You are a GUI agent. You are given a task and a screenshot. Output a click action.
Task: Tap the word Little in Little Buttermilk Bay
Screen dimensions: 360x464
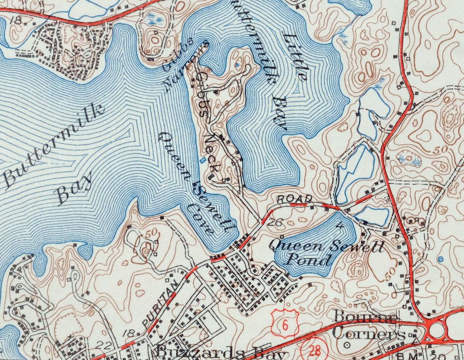[296, 58]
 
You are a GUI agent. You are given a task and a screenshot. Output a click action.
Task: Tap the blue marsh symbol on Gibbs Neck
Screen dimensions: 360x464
[238, 64]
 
